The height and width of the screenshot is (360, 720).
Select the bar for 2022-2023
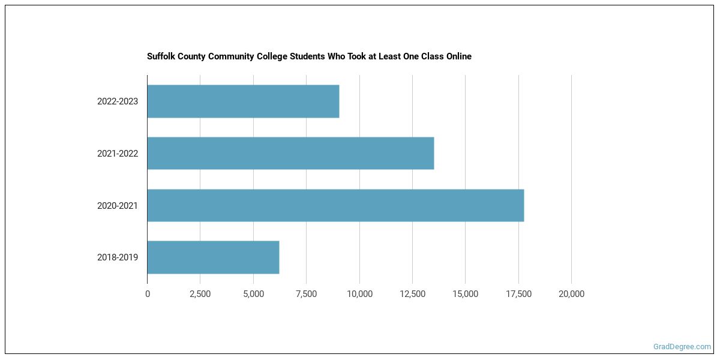(x=243, y=101)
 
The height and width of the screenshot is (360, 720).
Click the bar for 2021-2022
(x=290, y=154)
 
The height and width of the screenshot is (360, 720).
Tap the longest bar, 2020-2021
(x=335, y=205)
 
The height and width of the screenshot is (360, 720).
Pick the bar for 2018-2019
(x=213, y=257)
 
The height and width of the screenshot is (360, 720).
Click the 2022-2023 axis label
(x=118, y=101)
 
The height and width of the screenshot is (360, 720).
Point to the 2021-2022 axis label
(x=118, y=154)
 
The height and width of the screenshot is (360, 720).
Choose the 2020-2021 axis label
(x=118, y=205)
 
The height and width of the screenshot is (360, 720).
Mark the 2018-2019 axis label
(x=118, y=257)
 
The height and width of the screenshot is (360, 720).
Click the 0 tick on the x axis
(x=148, y=294)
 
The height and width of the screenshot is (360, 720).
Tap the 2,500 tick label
(x=200, y=294)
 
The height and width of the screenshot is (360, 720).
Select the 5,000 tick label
(x=253, y=294)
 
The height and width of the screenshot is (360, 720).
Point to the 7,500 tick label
(x=306, y=294)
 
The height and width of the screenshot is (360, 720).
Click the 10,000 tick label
(x=359, y=294)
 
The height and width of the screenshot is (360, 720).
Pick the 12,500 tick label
(x=412, y=294)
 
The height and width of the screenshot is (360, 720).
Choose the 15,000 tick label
(x=466, y=294)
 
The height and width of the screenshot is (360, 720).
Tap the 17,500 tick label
(x=518, y=294)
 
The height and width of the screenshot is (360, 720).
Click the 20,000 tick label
(x=571, y=294)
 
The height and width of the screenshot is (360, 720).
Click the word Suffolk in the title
(x=161, y=56)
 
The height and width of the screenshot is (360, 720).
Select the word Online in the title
(x=458, y=56)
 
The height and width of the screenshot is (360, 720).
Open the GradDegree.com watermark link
(x=682, y=347)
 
